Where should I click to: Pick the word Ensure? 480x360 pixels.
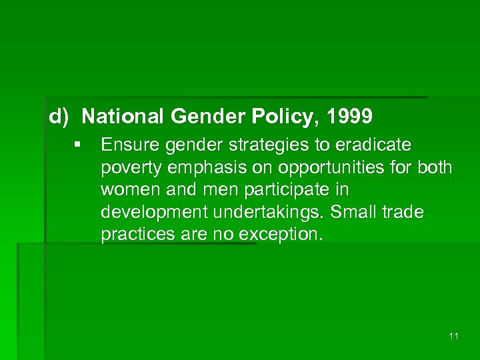coord(125,145)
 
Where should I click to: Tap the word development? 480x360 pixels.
coord(149,213)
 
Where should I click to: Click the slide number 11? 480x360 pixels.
coord(453,337)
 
